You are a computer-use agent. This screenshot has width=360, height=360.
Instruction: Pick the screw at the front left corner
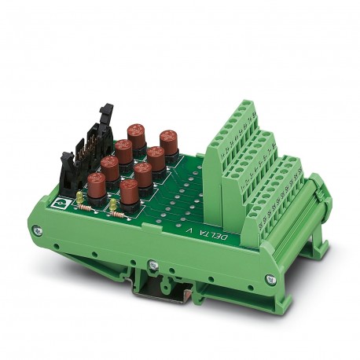[38, 231]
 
